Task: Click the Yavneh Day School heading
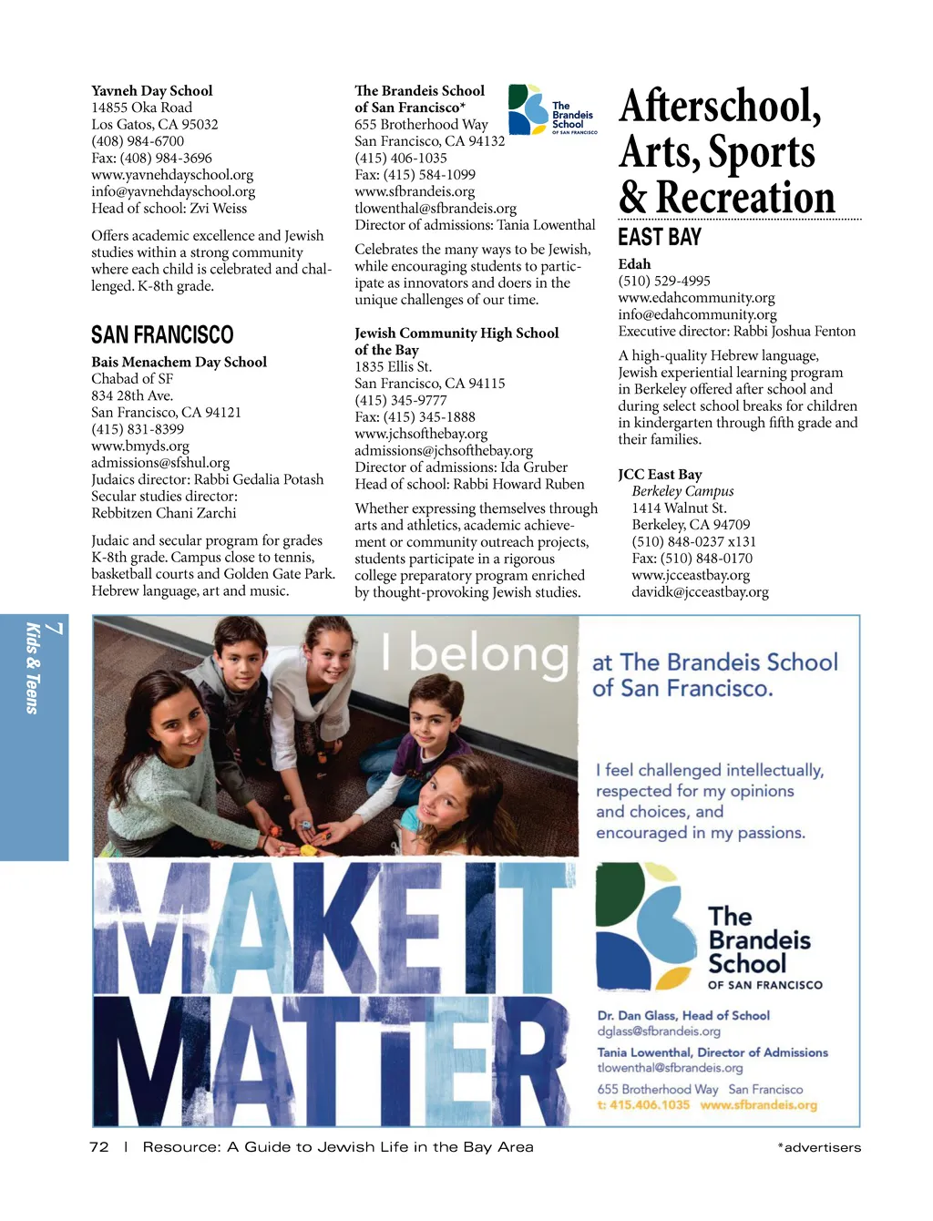[151, 91]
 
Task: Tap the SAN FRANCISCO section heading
[162, 335]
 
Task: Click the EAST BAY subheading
[660, 238]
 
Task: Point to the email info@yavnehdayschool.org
[173, 191]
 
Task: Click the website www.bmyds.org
[140, 446]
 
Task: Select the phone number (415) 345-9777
[401, 400]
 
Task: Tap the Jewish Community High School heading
[456, 333]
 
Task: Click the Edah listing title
[634, 264]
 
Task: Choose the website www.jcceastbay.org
[691, 575]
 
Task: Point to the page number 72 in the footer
[99, 1147]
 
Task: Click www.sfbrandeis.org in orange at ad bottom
[758, 1105]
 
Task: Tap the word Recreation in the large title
[744, 197]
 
